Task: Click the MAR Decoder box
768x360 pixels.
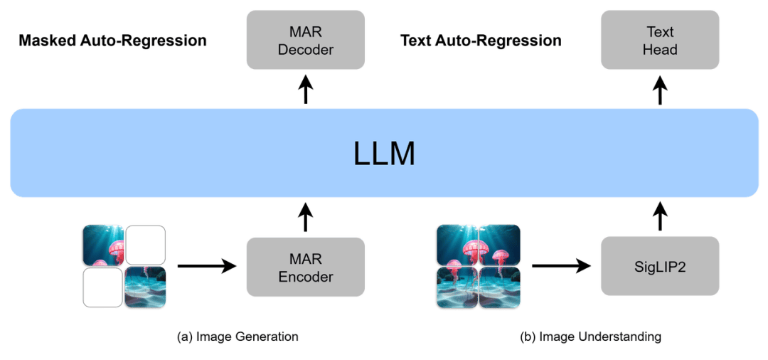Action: click(306, 40)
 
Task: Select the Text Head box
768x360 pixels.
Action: click(661, 40)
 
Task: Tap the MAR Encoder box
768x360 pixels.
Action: click(306, 267)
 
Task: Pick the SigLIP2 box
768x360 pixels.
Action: click(661, 267)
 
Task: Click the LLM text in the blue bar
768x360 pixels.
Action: click(384, 154)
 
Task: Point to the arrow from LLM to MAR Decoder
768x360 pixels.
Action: click(306, 90)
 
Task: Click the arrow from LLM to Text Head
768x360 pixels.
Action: click(661, 90)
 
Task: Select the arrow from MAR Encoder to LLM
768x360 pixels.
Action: click(306, 217)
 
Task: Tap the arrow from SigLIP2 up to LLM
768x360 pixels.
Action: click(661, 217)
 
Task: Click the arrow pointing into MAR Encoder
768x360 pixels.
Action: click(207, 267)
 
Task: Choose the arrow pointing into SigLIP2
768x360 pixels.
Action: click(562, 267)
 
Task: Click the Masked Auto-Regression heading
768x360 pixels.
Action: click(112, 41)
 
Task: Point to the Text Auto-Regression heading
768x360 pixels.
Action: click(481, 41)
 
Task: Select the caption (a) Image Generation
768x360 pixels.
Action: click(238, 337)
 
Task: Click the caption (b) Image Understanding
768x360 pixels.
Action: click(591, 337)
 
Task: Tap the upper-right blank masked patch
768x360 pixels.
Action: click(146, 245)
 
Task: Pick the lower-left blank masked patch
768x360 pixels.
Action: click(102, 287)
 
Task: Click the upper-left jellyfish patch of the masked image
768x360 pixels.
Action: click(102, 245)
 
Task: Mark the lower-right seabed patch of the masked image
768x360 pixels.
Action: click(146, 287)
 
